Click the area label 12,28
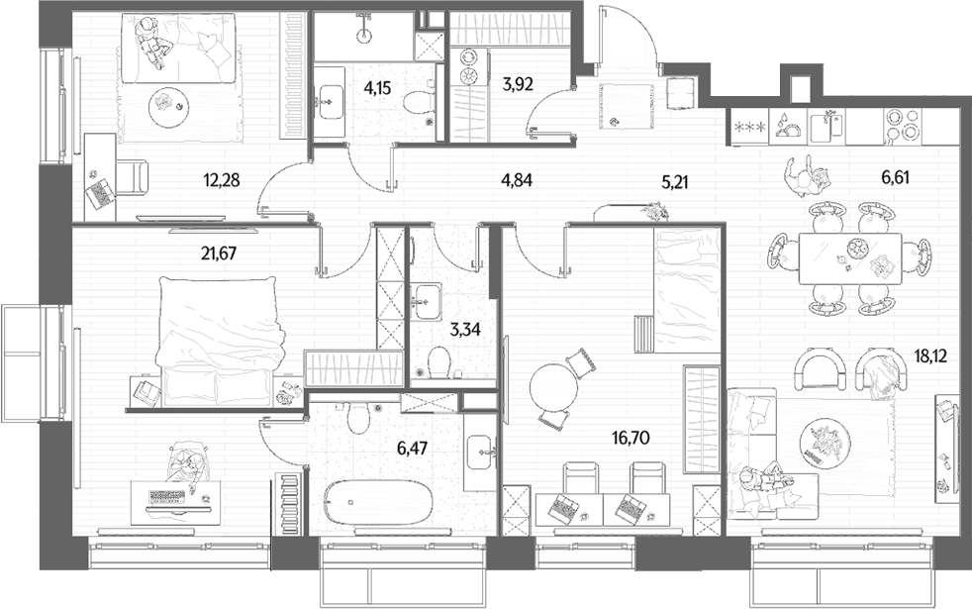pos(222,180)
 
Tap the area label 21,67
pos(219,254)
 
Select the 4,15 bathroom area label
pos(377,87)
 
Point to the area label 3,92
pos(518,83)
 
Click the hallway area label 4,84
pos(517,180)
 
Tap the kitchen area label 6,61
pos(895,178)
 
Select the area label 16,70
pos(631,439)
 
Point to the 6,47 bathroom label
pos(412,448)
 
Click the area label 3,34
pos(465,330)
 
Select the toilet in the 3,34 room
pos(438,359)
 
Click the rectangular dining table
pos(849,258)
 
